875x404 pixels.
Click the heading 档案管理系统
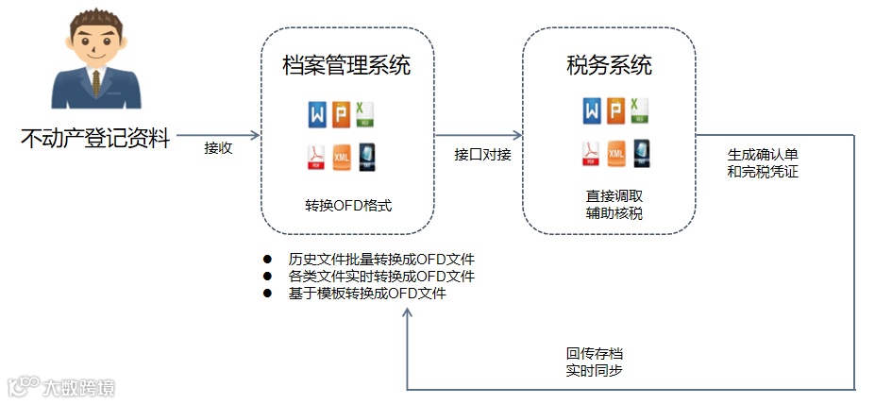pyautogui.click(x=346, y=66)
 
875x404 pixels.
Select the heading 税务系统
pyautogui.click(x=609, y=65)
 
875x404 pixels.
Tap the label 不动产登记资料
pyautogui.click(x=95, y=139)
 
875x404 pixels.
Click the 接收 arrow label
pyautogui.click(x=218, y=148)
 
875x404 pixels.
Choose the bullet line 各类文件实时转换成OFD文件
pyautogui.click(x=381, y=276)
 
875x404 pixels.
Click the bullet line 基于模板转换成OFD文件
pyautogui.click(x=367, y=293)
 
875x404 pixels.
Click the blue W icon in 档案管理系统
pyautogui.click(x=315, y=113)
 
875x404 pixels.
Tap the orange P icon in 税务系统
pyautogui.click(x=615, y=110)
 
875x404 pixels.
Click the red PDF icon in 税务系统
pyautogui.click(x=591, y=153)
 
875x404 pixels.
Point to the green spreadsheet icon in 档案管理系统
pyautogui.click(x=365, y=113)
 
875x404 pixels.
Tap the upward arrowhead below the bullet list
pyautogui.click(x=407, y=313)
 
